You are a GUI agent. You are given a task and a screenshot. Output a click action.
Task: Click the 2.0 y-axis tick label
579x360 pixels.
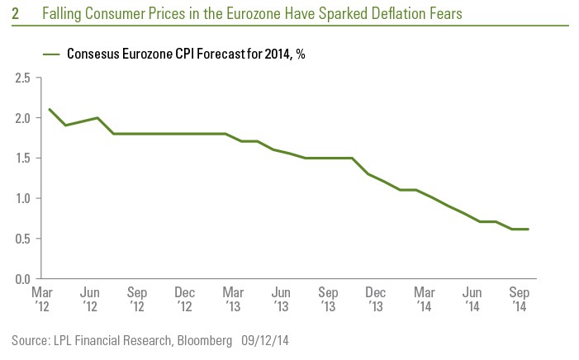pos(22,118)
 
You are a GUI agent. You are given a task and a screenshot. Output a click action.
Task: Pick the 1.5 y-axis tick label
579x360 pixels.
pos(22,159)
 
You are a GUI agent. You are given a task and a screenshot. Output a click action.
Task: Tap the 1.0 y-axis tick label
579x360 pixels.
pos(22,199)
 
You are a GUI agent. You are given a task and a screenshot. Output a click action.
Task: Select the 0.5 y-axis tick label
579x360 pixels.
pos(22,239)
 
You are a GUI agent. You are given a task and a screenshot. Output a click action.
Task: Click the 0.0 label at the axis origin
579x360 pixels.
pos(22,280)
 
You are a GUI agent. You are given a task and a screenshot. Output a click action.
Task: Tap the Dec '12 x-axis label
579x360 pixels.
pos(184,298)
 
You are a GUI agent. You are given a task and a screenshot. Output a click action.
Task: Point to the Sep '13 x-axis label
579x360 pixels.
pos(328,298)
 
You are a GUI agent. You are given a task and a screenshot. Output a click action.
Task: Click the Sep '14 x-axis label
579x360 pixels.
pos(517,298)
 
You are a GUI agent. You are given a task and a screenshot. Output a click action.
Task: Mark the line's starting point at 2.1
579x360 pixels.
pos(50,109)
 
